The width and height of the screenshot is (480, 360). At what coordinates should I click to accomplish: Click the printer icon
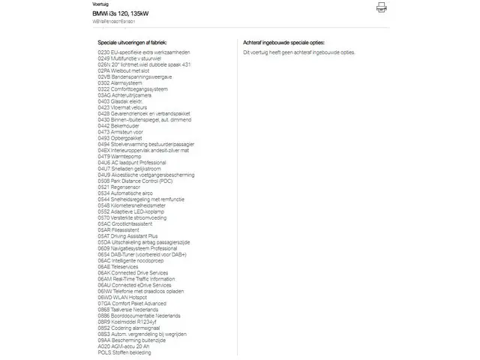(x=382, y=7)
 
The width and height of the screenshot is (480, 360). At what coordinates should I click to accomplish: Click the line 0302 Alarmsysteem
(x=119, y=83)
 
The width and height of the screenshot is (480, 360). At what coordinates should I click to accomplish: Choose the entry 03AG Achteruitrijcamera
(x=124, y=95)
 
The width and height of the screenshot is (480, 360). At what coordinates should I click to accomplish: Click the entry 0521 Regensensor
(x=118, y=187)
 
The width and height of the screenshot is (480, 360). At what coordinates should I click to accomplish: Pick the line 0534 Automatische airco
(x=126, y=193)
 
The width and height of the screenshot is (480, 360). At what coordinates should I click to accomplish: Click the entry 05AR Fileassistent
(x=118, y=229)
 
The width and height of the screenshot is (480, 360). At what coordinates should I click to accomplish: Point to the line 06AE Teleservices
(x=118, y=266)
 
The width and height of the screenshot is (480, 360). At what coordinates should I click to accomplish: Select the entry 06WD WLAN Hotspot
(x=123, y=297)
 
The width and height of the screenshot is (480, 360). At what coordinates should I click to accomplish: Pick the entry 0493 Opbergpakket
(x=120, y=138)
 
